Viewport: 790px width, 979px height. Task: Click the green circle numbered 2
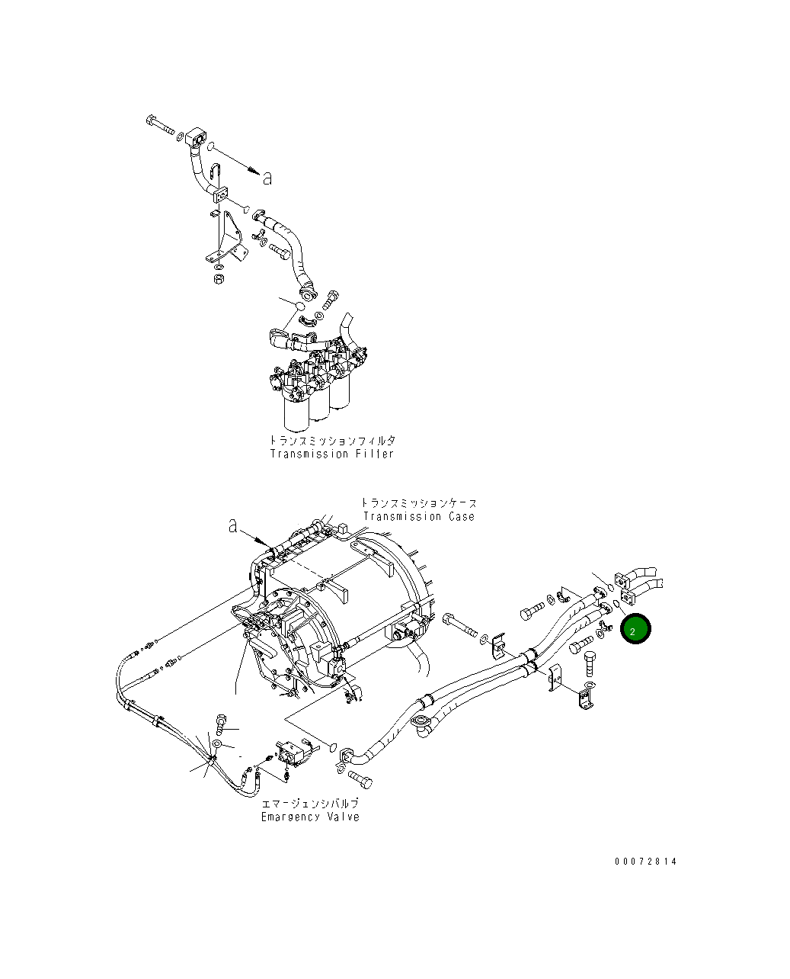(x=635, y=629)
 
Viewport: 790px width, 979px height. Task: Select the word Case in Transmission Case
(x=457, y=517)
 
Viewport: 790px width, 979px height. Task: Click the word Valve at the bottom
(x=343, y=817)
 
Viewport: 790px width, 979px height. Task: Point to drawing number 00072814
(x=645, y=862)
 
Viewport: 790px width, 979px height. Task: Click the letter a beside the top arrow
(x=267, y=178)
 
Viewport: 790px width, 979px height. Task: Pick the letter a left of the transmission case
(x=232, y=526)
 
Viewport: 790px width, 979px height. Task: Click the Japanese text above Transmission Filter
(x=332, y=441)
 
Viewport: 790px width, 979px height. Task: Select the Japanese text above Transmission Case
(x=418, y=503)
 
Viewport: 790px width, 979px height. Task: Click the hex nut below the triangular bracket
(x=216, y=279)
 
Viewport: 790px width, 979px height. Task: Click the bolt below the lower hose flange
(x=360, y=779)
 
